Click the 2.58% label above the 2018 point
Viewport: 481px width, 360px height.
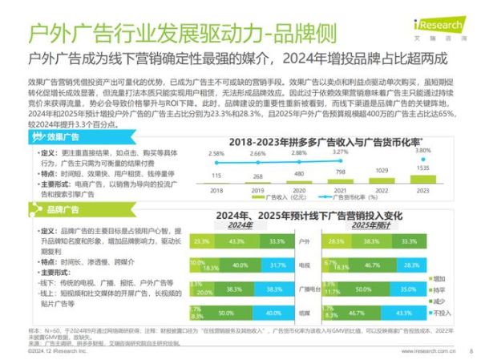216,152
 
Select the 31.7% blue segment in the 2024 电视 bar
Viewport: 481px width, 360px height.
277,265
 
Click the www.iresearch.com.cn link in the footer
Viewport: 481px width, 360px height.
423,351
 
